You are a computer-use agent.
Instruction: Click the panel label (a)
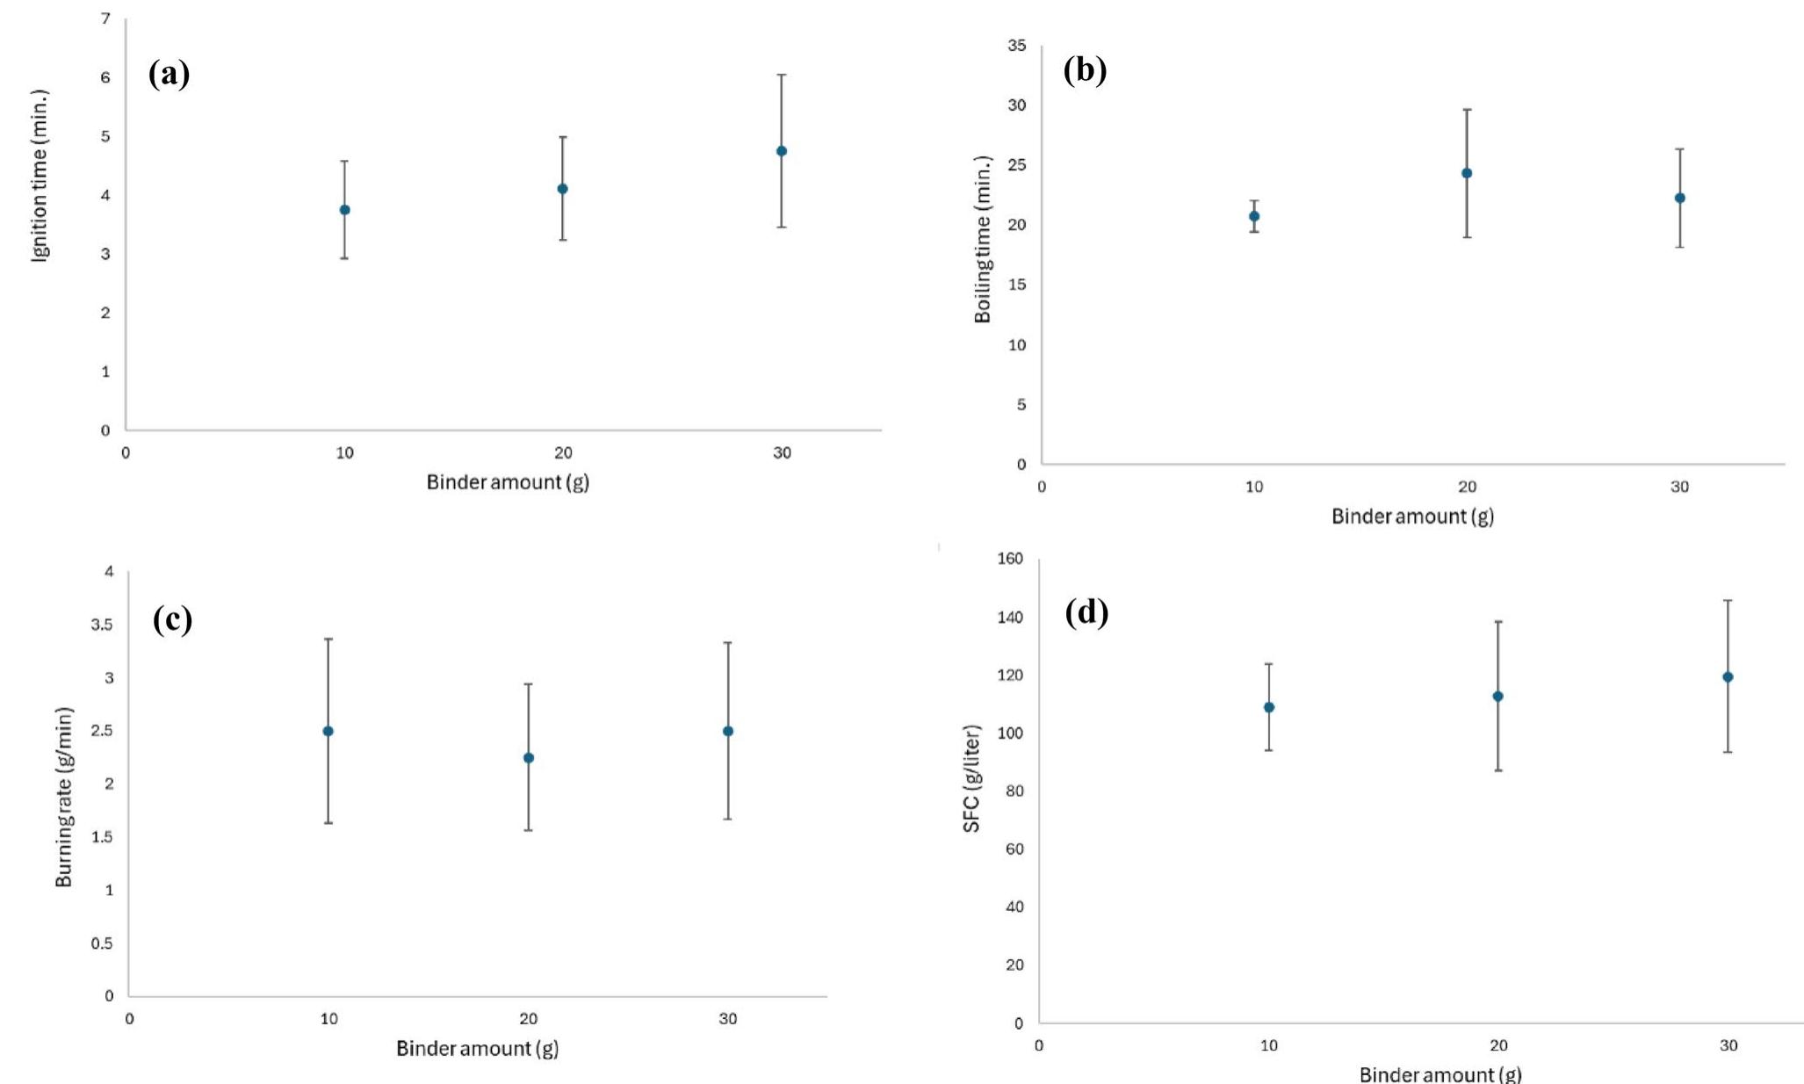(x=169, y=74)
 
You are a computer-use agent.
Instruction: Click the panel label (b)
(x=1085, y=69)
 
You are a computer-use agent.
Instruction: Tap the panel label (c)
(x=172, y=619)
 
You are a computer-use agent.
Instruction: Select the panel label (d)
(x=1086, y=611)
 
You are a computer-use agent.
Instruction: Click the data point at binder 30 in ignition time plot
(x=782, y=151)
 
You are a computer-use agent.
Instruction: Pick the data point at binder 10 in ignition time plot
(x=345, y=210)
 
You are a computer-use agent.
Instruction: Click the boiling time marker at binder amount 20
(x=1467, y=173)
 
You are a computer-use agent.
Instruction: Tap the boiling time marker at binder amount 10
(x=1254, y=216)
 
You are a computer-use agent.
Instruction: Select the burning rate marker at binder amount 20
(x=529, y=758)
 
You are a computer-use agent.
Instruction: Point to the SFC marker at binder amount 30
(x=1728, y=677)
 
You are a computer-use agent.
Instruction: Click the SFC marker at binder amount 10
(x=1269, y=707)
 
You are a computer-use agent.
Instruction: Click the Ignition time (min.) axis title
(x=40, y=176)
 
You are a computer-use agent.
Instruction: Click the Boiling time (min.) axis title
(x=983, y=239)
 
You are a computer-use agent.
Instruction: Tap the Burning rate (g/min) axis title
(x=64, y=797)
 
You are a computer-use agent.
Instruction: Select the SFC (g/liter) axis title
(x=971, y=778)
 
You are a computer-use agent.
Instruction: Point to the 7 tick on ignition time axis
(x=105, y=18)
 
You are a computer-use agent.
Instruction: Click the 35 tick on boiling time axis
(x=1016, y=46)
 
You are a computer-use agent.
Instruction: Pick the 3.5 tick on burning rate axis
(x=104, y=625)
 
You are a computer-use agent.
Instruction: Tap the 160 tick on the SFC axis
(x=1011, y=559)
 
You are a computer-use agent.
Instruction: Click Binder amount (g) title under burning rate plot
(x=477, y=1048)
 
